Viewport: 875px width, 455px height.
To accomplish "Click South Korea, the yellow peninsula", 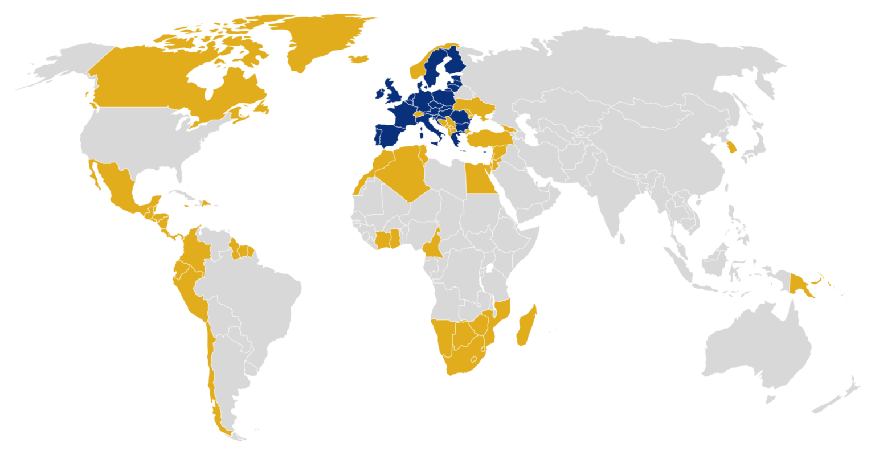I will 731,148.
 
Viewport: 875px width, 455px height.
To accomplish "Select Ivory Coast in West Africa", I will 382,239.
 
